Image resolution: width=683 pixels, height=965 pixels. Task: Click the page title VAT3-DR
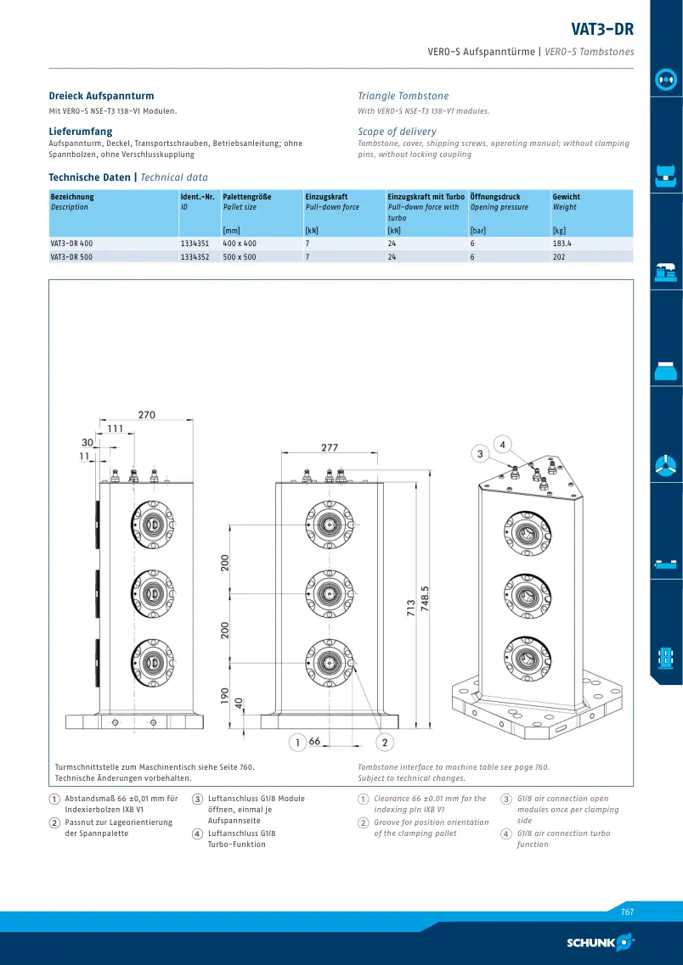coord(601,29)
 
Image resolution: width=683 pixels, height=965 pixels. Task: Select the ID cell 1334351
coord(195,243)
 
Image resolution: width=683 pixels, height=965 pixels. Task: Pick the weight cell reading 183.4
coord(562,243)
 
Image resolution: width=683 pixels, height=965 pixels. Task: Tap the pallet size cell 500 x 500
coord(239,256)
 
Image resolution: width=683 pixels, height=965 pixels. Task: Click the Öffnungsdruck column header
coord(495,197)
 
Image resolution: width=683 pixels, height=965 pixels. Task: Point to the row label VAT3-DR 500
coord(71,256)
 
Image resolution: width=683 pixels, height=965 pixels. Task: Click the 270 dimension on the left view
coord(147,415)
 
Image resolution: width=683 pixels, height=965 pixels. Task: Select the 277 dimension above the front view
coord(330,447)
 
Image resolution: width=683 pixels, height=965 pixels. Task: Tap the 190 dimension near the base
coord(225,695)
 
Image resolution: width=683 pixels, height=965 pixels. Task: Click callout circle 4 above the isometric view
coord(503,445)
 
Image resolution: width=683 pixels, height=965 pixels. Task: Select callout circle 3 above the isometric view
coord(480,454)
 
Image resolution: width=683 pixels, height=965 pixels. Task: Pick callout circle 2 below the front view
coord(385,743)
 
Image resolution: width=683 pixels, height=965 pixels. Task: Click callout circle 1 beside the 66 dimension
coord(297,743)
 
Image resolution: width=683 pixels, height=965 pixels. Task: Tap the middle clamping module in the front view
coord(330,593)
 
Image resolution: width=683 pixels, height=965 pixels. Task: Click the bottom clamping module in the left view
coord(151,663)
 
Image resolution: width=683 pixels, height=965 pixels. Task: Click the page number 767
coord(627,912)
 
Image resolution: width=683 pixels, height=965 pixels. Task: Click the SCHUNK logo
coord(600,941)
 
